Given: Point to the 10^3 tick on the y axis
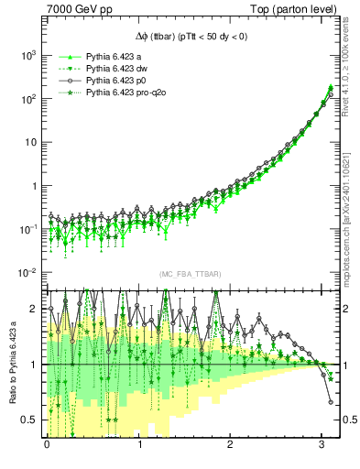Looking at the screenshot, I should click(27, 55).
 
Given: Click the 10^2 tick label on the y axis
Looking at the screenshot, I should click(27, 99).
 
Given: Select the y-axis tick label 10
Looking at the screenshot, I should click(29, 142).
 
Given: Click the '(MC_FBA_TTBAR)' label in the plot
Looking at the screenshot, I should click(189, 275).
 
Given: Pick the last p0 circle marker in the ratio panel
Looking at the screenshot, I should click(331, 401).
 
